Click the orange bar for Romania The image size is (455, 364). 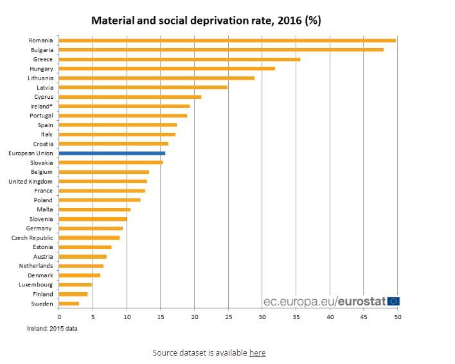point(227,40)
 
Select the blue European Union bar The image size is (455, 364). point(112,153)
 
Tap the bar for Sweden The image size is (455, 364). point(69,304)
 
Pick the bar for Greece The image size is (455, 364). point(179,59)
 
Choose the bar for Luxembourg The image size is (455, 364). point(75,284)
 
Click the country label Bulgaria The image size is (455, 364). point(42,49)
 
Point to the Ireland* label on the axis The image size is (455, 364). point(41,106)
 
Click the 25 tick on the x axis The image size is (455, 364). point(228,316)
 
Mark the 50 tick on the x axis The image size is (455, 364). point(397,316)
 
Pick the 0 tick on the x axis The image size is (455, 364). point(59,316)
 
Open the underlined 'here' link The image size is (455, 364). point(257,352)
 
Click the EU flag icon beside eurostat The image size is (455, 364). point(393,301)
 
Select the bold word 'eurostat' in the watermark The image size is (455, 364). point(361,300)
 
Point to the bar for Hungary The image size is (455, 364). point(166,69)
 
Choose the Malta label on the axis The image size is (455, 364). point(45,209)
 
